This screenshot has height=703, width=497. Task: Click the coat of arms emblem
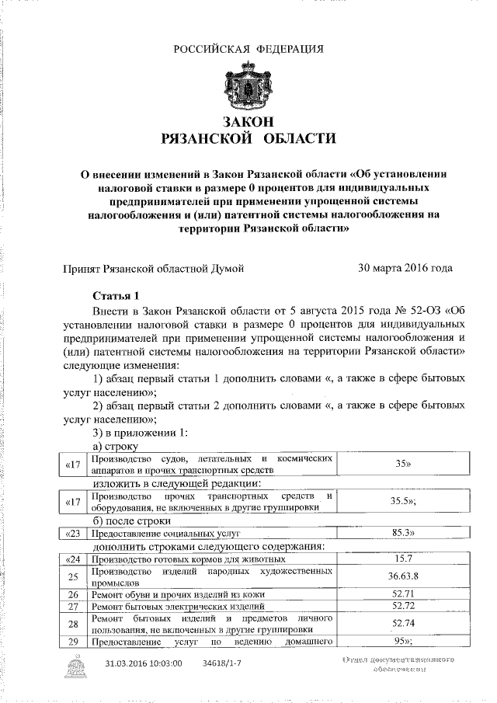pyautogui.click(x=248, y=87)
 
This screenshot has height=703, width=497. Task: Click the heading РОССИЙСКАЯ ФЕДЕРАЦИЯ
pyautogui.click(x=248, y=50)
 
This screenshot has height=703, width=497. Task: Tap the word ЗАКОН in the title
pyautogui.click(x=248, y=123)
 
